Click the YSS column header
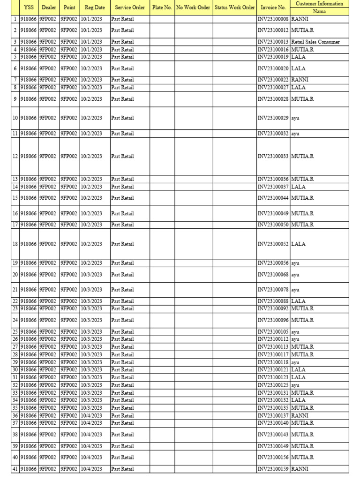[x=29, y=7]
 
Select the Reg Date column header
[x=95, y=7]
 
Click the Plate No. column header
[x=162, y=7]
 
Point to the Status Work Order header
[x=234, y=7]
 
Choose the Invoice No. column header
[x=273, y=7]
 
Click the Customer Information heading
[x=319, y=3]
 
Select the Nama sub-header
[x=319, y=11]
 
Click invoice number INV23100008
[x=273, y=20]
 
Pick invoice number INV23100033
[x=273, y=156]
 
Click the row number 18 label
[x=15, y=244]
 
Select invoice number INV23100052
[x=273, y=244]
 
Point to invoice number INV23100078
[x=273, y=290]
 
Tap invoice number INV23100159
[x=273, y=469]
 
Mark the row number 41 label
[x=15, y=469]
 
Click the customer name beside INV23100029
[x=295, y=118]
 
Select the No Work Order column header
[x=193, y=7]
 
